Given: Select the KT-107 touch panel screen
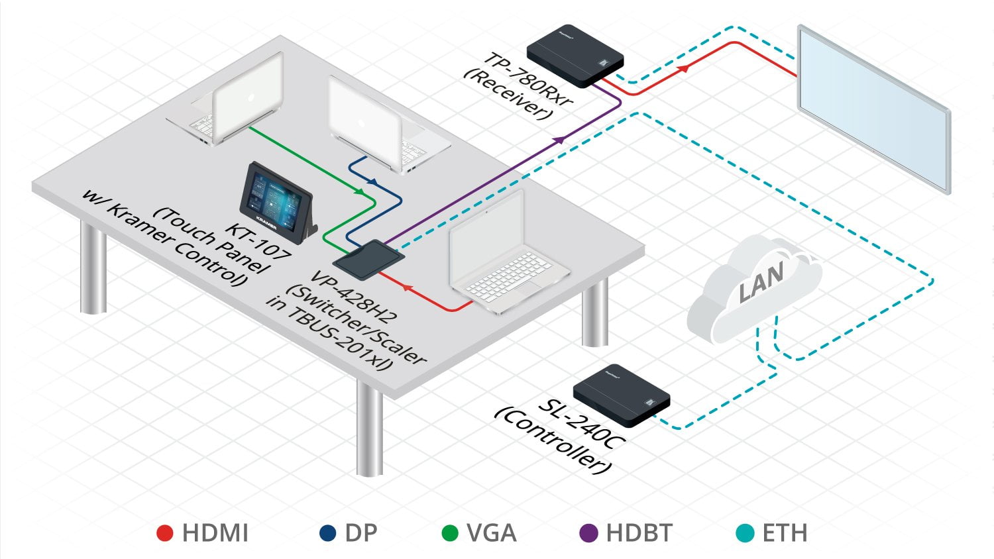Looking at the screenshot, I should pyautogui.click(x=274, y=197).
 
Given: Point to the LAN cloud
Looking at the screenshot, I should pyautogui.click(x=755, y=285).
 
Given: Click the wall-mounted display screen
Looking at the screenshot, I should pyautogui.click(x=873, y=109).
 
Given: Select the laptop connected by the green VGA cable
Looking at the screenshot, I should pyautogui.click(x=229, y=106).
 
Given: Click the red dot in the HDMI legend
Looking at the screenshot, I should pyautogui.click(x=164, y=533).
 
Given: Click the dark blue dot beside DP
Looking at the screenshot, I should pyautogui.click(x=327, y=533).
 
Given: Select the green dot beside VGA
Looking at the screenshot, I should pyautogui.click(x=450, y=533).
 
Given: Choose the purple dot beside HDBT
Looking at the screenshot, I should pyautogui.click(x=588, y=533).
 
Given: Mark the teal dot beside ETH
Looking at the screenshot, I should pyautogui.click(x=745, y=533).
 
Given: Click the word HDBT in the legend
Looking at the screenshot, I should pyautogui.click(x=639, y=533).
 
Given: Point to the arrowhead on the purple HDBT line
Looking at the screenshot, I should pyautogui.click(x=560, y=140).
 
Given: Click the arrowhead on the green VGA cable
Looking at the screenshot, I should pyautogui.click(x=359, y=191).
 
